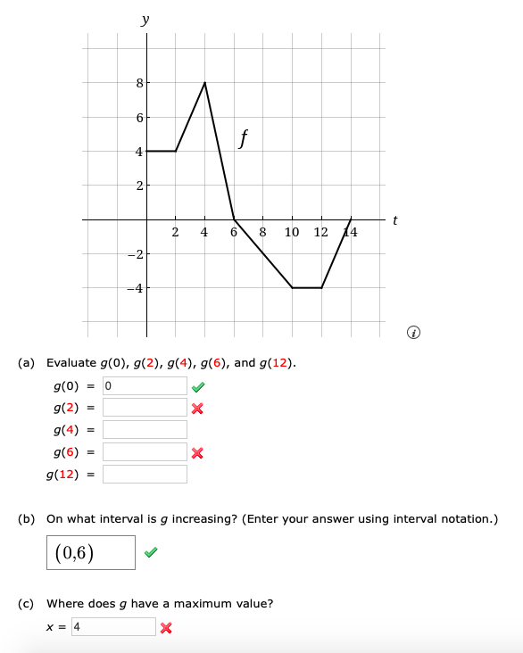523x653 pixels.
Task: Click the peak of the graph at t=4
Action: (205, 82)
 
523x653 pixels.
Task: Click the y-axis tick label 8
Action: (139, 83)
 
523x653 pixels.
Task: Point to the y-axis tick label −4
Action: (136, 288)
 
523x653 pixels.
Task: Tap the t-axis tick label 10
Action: (292, 233)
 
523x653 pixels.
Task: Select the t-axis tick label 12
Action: (321, 233)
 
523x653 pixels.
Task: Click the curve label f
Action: (243, 138)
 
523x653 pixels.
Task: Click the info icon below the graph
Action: (412, 333)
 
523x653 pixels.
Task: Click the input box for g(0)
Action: (145, 386)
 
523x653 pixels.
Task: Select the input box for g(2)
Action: (145, 408)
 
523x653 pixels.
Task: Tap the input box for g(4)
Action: (145, 430)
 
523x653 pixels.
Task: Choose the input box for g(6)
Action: (145, 452)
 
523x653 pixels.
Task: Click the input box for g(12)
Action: (145, 474)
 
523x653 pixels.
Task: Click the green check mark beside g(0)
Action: (198, 386)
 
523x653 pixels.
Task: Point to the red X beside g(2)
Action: (198, 409)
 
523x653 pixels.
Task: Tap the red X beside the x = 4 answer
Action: (167, 627)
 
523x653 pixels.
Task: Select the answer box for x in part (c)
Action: (113, 626)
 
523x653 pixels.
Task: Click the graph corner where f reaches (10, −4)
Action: (293, 287)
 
